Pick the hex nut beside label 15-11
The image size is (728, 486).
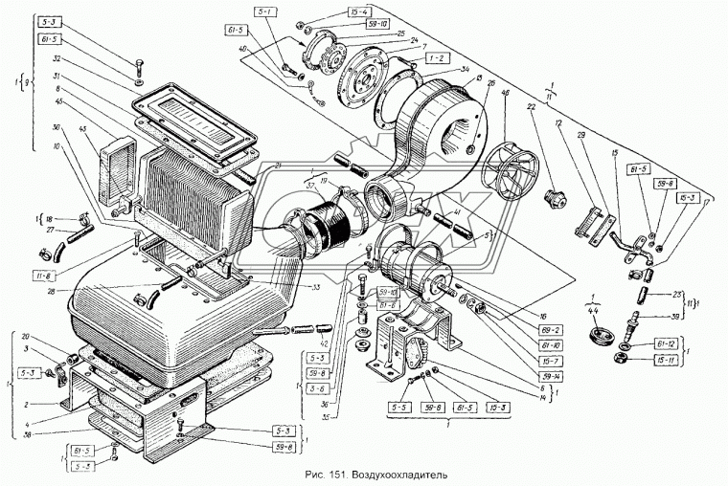pyautogui.click(x=619, y=359)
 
